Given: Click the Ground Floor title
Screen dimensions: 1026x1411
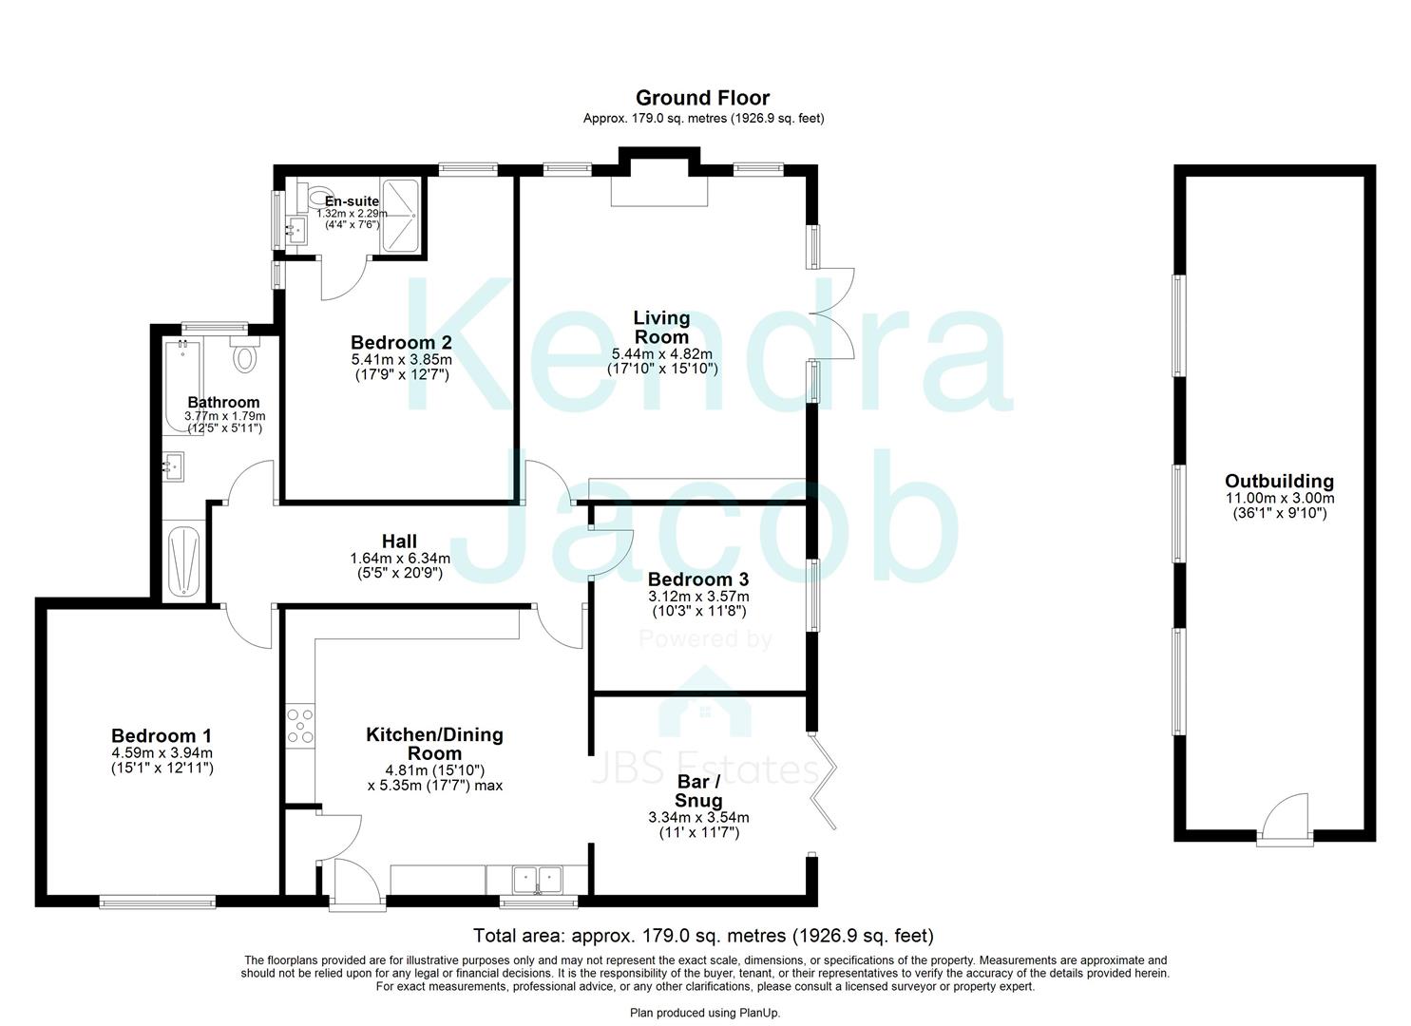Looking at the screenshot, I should [702, 98].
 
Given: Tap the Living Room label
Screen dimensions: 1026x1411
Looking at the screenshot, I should [661, 327].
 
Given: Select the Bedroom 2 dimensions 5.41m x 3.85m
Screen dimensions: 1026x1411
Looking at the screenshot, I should [400, 360].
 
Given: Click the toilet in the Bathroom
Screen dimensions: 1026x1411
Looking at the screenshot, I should [246, 355].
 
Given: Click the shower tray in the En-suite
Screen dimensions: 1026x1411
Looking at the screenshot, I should [403, 217].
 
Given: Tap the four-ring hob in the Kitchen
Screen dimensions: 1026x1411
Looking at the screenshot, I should [300, 726].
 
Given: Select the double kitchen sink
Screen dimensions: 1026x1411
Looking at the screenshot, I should [537, 878].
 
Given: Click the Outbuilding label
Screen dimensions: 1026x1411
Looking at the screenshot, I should [1278, 481].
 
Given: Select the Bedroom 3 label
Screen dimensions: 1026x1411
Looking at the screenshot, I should [697, 579].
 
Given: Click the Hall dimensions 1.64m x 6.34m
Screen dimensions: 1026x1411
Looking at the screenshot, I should [400, 559].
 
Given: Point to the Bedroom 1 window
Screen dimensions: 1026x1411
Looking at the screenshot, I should [158, 901].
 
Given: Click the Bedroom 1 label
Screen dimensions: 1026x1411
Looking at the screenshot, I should [161, 735].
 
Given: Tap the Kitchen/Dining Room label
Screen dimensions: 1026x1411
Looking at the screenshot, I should [434, 743].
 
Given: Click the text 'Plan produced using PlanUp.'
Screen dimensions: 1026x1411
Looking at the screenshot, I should [705, 1013].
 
